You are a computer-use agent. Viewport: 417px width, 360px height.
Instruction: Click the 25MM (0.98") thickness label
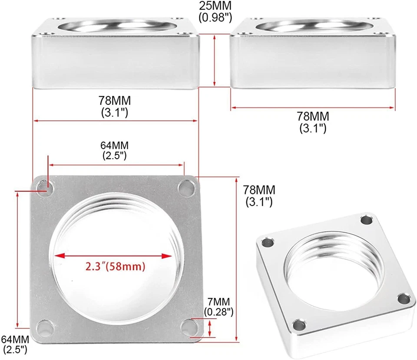click(215, 12)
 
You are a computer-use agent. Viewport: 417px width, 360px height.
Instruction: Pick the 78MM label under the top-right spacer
click(313, 122)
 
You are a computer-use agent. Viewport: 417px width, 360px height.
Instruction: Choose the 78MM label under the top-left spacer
click(115, 106)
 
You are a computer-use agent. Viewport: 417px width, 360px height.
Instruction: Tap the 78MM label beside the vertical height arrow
click(259, 196)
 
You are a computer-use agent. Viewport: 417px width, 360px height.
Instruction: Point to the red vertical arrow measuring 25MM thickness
click(215, 61)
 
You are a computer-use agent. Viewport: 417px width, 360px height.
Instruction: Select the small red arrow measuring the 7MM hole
click(210, 327)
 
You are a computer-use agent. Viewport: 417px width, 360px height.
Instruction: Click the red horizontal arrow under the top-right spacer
click(313, 107)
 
